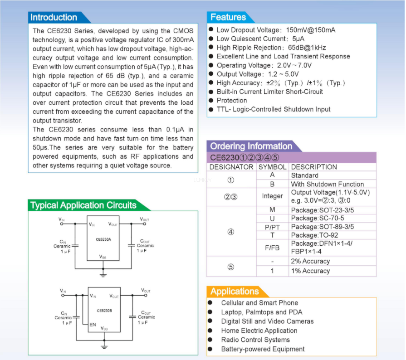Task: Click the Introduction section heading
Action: [x=54, y=18]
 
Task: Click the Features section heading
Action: [x=228, y=17]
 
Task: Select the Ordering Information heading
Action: [x=251, y=146]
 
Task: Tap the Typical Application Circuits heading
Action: [x=83, y=205]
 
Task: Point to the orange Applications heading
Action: [x=235, y=292]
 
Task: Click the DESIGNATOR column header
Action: [x=231, y=167]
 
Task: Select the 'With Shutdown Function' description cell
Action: [x=327, y=184]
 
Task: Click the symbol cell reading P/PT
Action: [x=272, y=227]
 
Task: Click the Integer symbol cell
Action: [x=272, y=196]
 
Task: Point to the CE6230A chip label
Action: [x=103, y=239]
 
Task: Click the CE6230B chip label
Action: [x=104, y=311]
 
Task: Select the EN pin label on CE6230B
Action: [x=93, y=325]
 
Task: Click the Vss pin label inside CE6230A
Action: [x=103, y=257]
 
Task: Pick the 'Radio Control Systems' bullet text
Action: [x=255, y=340]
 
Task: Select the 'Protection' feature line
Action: [x=232, y=100]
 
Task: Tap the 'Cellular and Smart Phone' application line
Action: [x=259, y=302]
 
